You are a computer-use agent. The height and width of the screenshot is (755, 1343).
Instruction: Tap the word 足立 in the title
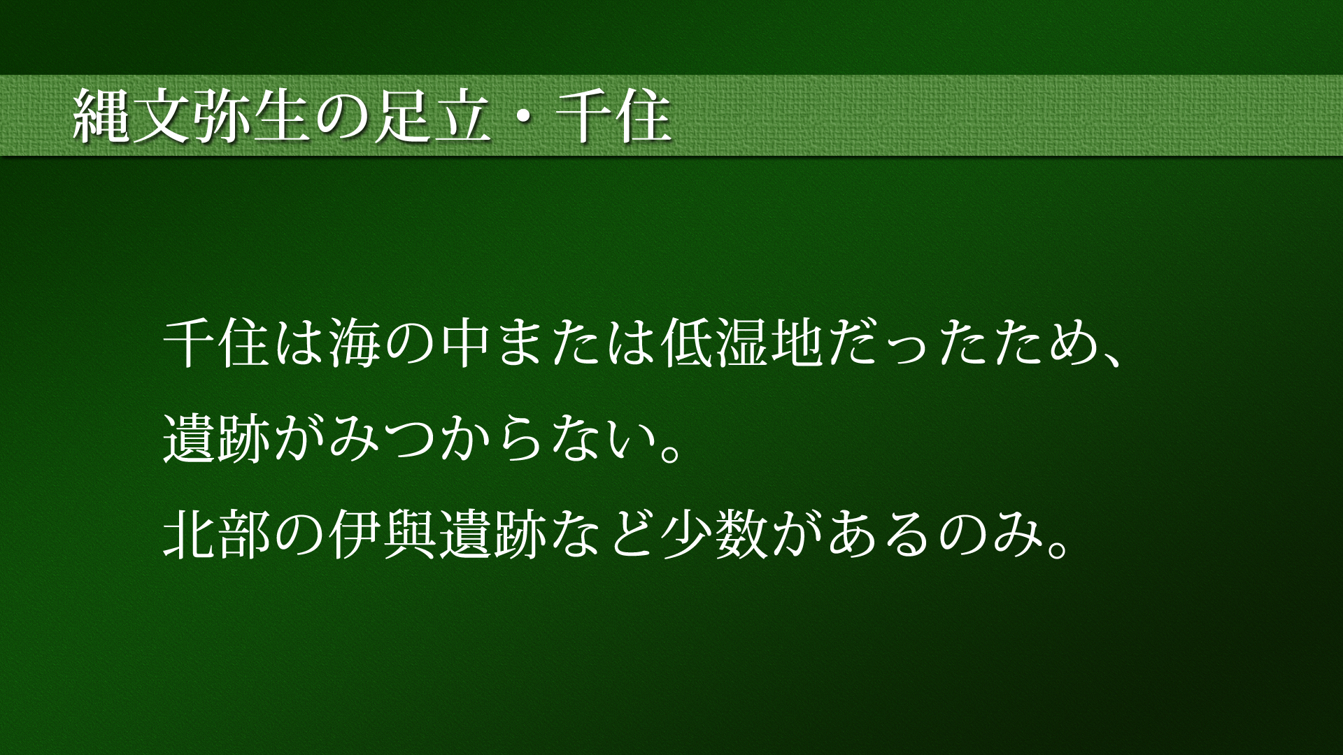point(429,116)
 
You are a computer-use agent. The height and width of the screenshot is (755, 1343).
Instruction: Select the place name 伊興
point(383,536)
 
